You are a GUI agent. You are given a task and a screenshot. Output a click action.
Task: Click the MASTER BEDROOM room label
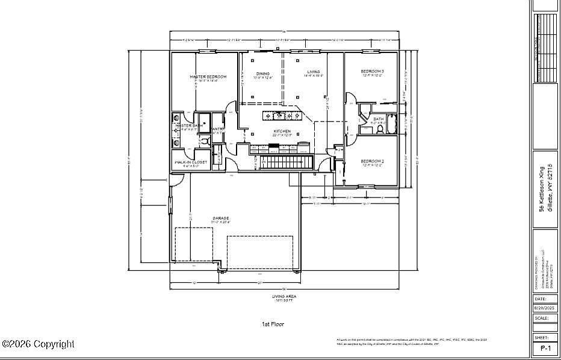coord(208,77)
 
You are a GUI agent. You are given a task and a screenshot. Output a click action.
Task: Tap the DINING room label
coord(262,74)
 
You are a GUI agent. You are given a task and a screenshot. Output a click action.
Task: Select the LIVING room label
coord(314,72)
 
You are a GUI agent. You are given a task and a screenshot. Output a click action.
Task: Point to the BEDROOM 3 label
coord(372,72)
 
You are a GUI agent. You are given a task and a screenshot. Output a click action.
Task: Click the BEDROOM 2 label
coord(372,161)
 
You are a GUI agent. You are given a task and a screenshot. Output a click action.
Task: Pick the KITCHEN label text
coord(282,131)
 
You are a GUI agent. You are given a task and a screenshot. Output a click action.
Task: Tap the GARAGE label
coord(220,218)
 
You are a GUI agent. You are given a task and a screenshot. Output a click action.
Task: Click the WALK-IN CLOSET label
coord(191,163)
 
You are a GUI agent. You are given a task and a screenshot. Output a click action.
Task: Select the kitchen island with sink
coord(282,114)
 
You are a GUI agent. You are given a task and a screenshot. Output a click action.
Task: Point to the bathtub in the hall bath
coord(392,124)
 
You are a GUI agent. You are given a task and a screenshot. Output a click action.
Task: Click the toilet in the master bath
coord(204,141)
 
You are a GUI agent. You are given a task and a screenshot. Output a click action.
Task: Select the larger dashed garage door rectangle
coord(259,251)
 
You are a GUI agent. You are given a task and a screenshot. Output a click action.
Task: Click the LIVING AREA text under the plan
coord(284,296)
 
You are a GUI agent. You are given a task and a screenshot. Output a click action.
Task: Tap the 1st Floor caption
coord(273,324)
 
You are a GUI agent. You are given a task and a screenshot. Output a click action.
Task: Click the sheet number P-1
coord(545,348)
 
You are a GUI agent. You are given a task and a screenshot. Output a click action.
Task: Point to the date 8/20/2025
coord(545,308)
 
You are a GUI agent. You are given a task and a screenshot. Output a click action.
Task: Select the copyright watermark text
coord(39,344)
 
